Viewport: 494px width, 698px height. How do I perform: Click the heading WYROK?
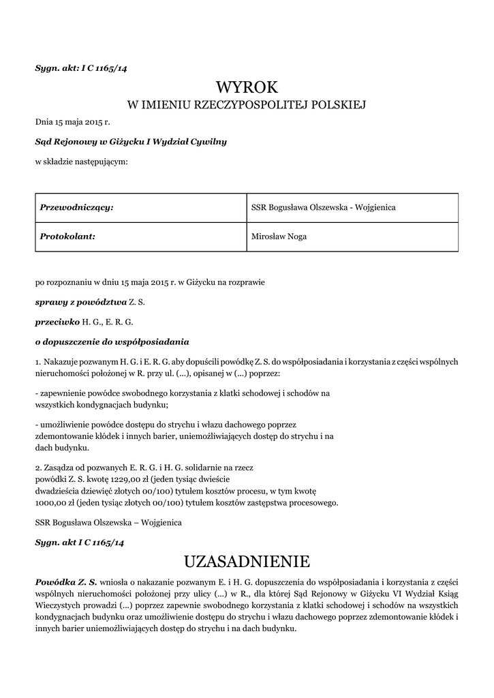click(x=247, y=87)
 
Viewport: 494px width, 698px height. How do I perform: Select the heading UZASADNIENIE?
click(x=247, y=562)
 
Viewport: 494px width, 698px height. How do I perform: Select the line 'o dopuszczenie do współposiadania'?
click(x=112, y=341)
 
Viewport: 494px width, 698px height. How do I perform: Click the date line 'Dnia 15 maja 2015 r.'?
click(x=72, y=122)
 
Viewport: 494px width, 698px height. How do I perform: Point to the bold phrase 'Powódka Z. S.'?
click(x=66, y=582)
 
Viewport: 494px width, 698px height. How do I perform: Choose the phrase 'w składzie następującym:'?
click(x=82, y=162)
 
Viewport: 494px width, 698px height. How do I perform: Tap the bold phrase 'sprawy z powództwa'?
click(x=81, y=301)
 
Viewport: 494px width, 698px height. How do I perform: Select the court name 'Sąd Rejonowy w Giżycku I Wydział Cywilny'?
click(x=131, y=142)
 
